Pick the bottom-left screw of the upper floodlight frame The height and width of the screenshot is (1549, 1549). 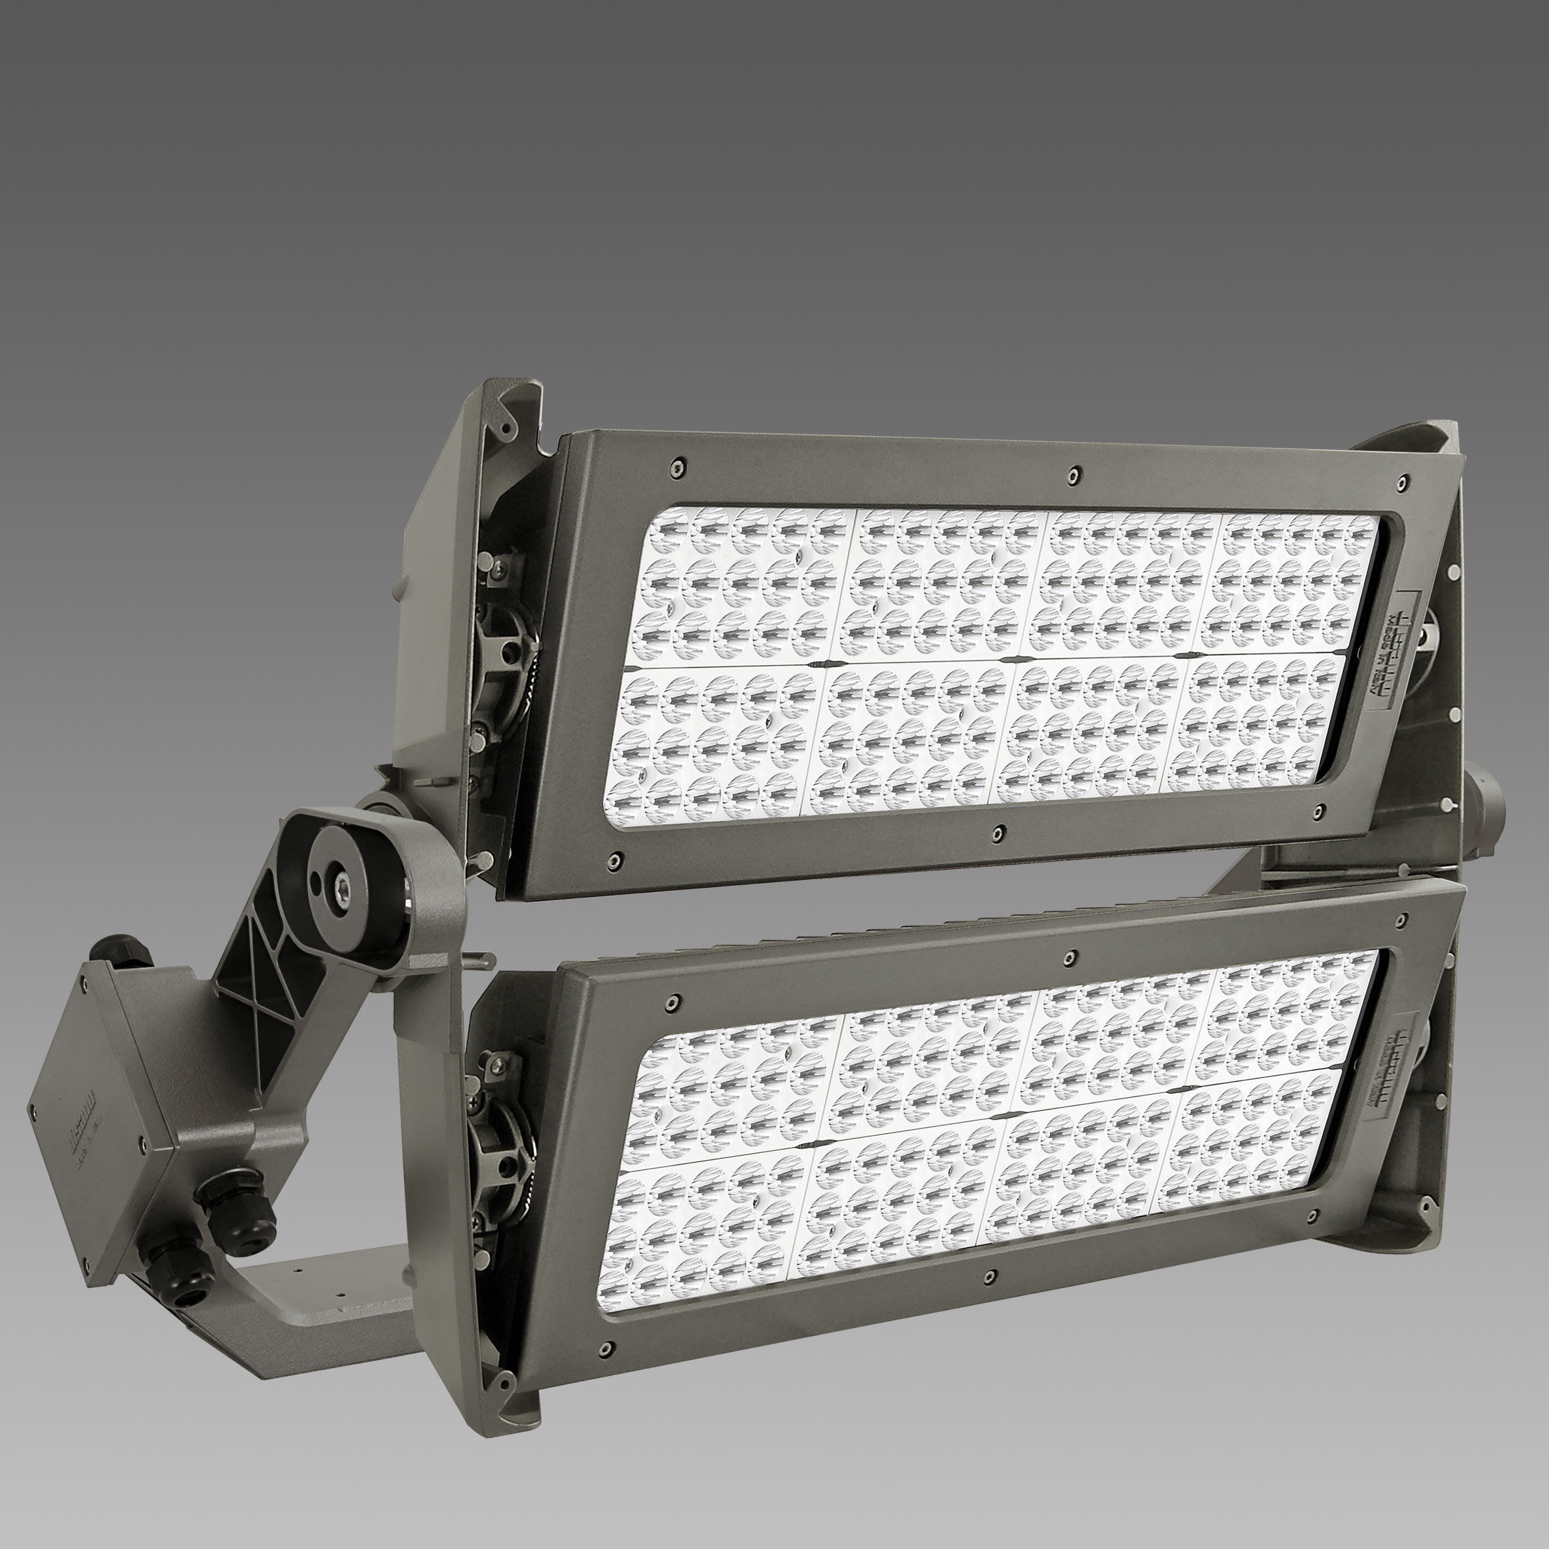point(614,860)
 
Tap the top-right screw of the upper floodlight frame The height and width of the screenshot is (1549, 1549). point(1401,483)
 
